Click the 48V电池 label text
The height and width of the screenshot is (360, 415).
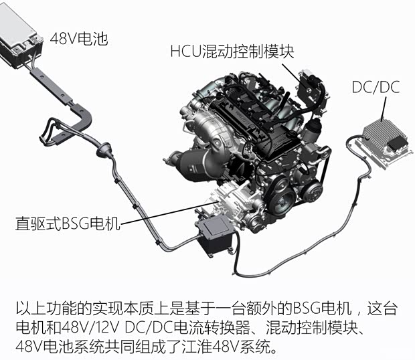pyautogui.click(x=79, y=39)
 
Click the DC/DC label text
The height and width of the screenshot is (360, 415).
pyautogui.click(x=376, y=88)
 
